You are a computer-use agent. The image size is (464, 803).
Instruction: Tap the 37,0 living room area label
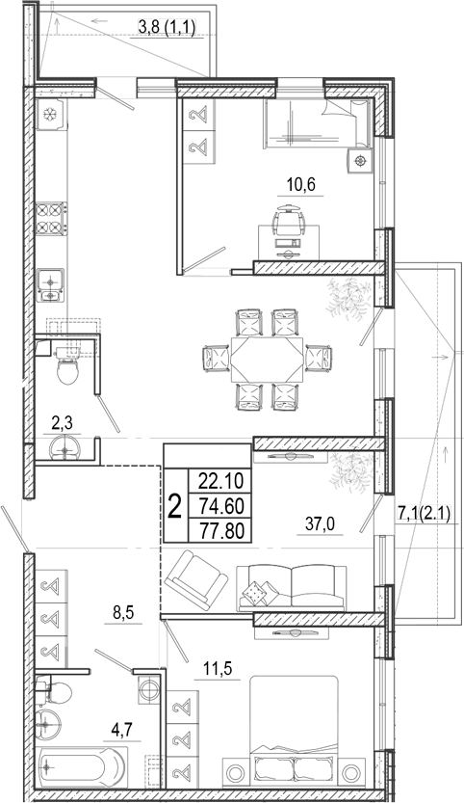coord(320,523)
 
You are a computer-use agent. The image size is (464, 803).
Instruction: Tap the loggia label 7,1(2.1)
coord(424,513)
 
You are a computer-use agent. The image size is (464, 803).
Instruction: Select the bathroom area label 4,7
coord(121,730)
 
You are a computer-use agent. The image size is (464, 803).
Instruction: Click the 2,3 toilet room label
coord(62,423)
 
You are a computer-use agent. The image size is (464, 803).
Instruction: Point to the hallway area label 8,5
coord(123,612)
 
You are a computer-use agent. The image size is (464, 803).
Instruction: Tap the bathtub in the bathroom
coord(81,766)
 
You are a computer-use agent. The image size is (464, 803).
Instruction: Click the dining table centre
coord(267,359)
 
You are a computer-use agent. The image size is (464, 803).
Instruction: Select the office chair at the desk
coord(289,219)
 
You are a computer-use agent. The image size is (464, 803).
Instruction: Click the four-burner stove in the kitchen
coord(51,219)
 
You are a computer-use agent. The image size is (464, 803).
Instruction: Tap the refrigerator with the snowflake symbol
coord(52,114)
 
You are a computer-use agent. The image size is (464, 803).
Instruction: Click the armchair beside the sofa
coord(196,579)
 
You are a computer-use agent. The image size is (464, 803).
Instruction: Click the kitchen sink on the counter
coord(51,285)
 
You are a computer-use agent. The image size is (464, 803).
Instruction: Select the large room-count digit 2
coord(175,506)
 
